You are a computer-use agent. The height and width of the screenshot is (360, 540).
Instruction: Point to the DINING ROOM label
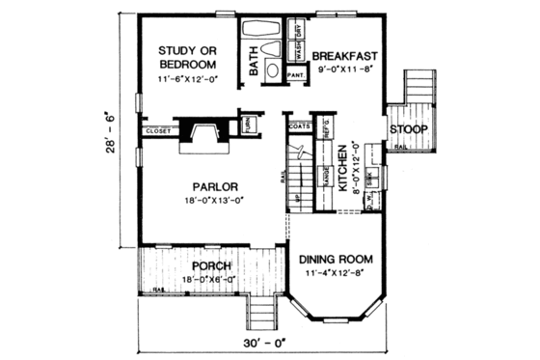(334, 260)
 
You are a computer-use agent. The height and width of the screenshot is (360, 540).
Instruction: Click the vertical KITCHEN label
(343, 168)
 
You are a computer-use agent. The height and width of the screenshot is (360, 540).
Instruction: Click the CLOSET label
(157, 130)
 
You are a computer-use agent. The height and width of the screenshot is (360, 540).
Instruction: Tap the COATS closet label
(299, 124)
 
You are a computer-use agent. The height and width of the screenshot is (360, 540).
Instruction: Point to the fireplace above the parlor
(204, 132)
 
